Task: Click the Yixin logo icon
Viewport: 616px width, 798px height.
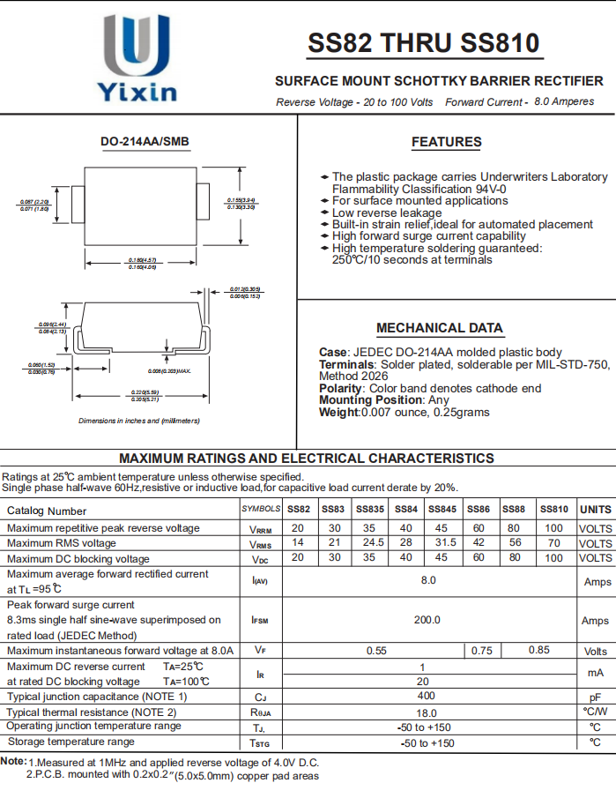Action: (137, 44)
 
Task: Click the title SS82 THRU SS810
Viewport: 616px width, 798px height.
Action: (423, 43)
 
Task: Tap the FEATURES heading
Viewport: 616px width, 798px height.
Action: (446, 142)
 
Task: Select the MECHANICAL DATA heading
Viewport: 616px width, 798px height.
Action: (440, 328)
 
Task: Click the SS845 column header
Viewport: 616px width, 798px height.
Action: (442, 510)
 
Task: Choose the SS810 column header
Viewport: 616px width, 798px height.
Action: (553, 510)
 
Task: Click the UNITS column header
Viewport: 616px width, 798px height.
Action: (596, 510)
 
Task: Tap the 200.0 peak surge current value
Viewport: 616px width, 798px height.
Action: (427, 620)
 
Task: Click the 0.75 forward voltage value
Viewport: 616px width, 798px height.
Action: (481, 651)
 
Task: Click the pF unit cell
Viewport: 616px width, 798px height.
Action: (596, 697)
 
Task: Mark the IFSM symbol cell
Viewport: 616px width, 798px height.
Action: (260, 620)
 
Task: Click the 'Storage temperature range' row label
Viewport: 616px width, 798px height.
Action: (71, 742)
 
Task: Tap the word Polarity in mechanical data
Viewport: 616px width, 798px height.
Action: (340, 388)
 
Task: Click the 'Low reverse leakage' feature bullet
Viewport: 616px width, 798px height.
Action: (387, 213)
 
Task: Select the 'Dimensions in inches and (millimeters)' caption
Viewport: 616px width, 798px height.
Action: (139, 421)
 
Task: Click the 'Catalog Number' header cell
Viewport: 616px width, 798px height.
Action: (48, 511)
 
